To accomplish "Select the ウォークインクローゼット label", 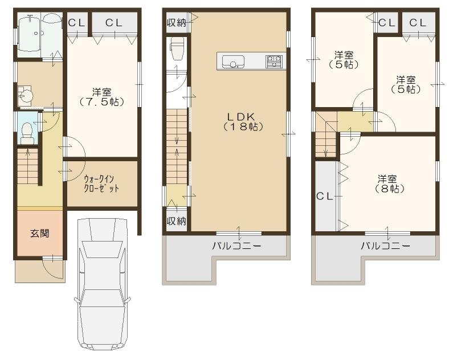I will [x=101, y=184].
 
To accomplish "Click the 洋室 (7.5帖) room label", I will [x=103, y=96].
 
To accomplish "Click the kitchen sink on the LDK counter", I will [x=234, y=62].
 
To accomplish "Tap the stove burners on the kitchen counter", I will [x=274, y=61].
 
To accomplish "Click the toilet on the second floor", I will [x=176, y=48].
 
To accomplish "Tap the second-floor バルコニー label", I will [x=236, y=247].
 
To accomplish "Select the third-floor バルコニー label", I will [x=385, y=247].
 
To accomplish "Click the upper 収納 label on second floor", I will [x=176, y=22].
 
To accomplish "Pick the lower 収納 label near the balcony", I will [x=176, y=221].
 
